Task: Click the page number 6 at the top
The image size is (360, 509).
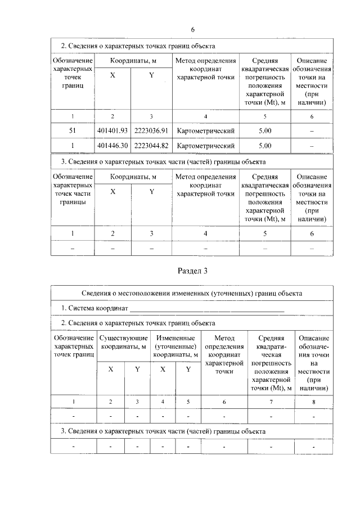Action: (x=192, y=29)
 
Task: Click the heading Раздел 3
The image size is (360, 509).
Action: (x=193, y=271)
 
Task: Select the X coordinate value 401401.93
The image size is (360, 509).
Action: (x=112, y=131)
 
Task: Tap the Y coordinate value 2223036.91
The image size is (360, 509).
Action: (x=151, y=131)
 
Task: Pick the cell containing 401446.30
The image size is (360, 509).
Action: (x=112, y=146)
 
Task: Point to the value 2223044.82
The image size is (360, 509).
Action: (x=151, y=146)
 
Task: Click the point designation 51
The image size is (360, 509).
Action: (x=73, y=131)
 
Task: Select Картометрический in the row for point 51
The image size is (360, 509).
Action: (x=205, y=131)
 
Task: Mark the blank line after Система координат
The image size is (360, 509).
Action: (x=207, y=309)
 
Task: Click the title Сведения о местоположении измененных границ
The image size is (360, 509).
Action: (x=193, y=293)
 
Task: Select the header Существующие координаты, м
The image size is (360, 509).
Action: (x=123, y=342)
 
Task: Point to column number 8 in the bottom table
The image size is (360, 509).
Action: (x=314, y=402)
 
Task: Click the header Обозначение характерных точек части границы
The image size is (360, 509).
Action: (x=73, y=189)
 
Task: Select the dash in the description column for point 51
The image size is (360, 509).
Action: (x=312, y=131)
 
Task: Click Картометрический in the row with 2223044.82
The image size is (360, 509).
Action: (x=205, y=146)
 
